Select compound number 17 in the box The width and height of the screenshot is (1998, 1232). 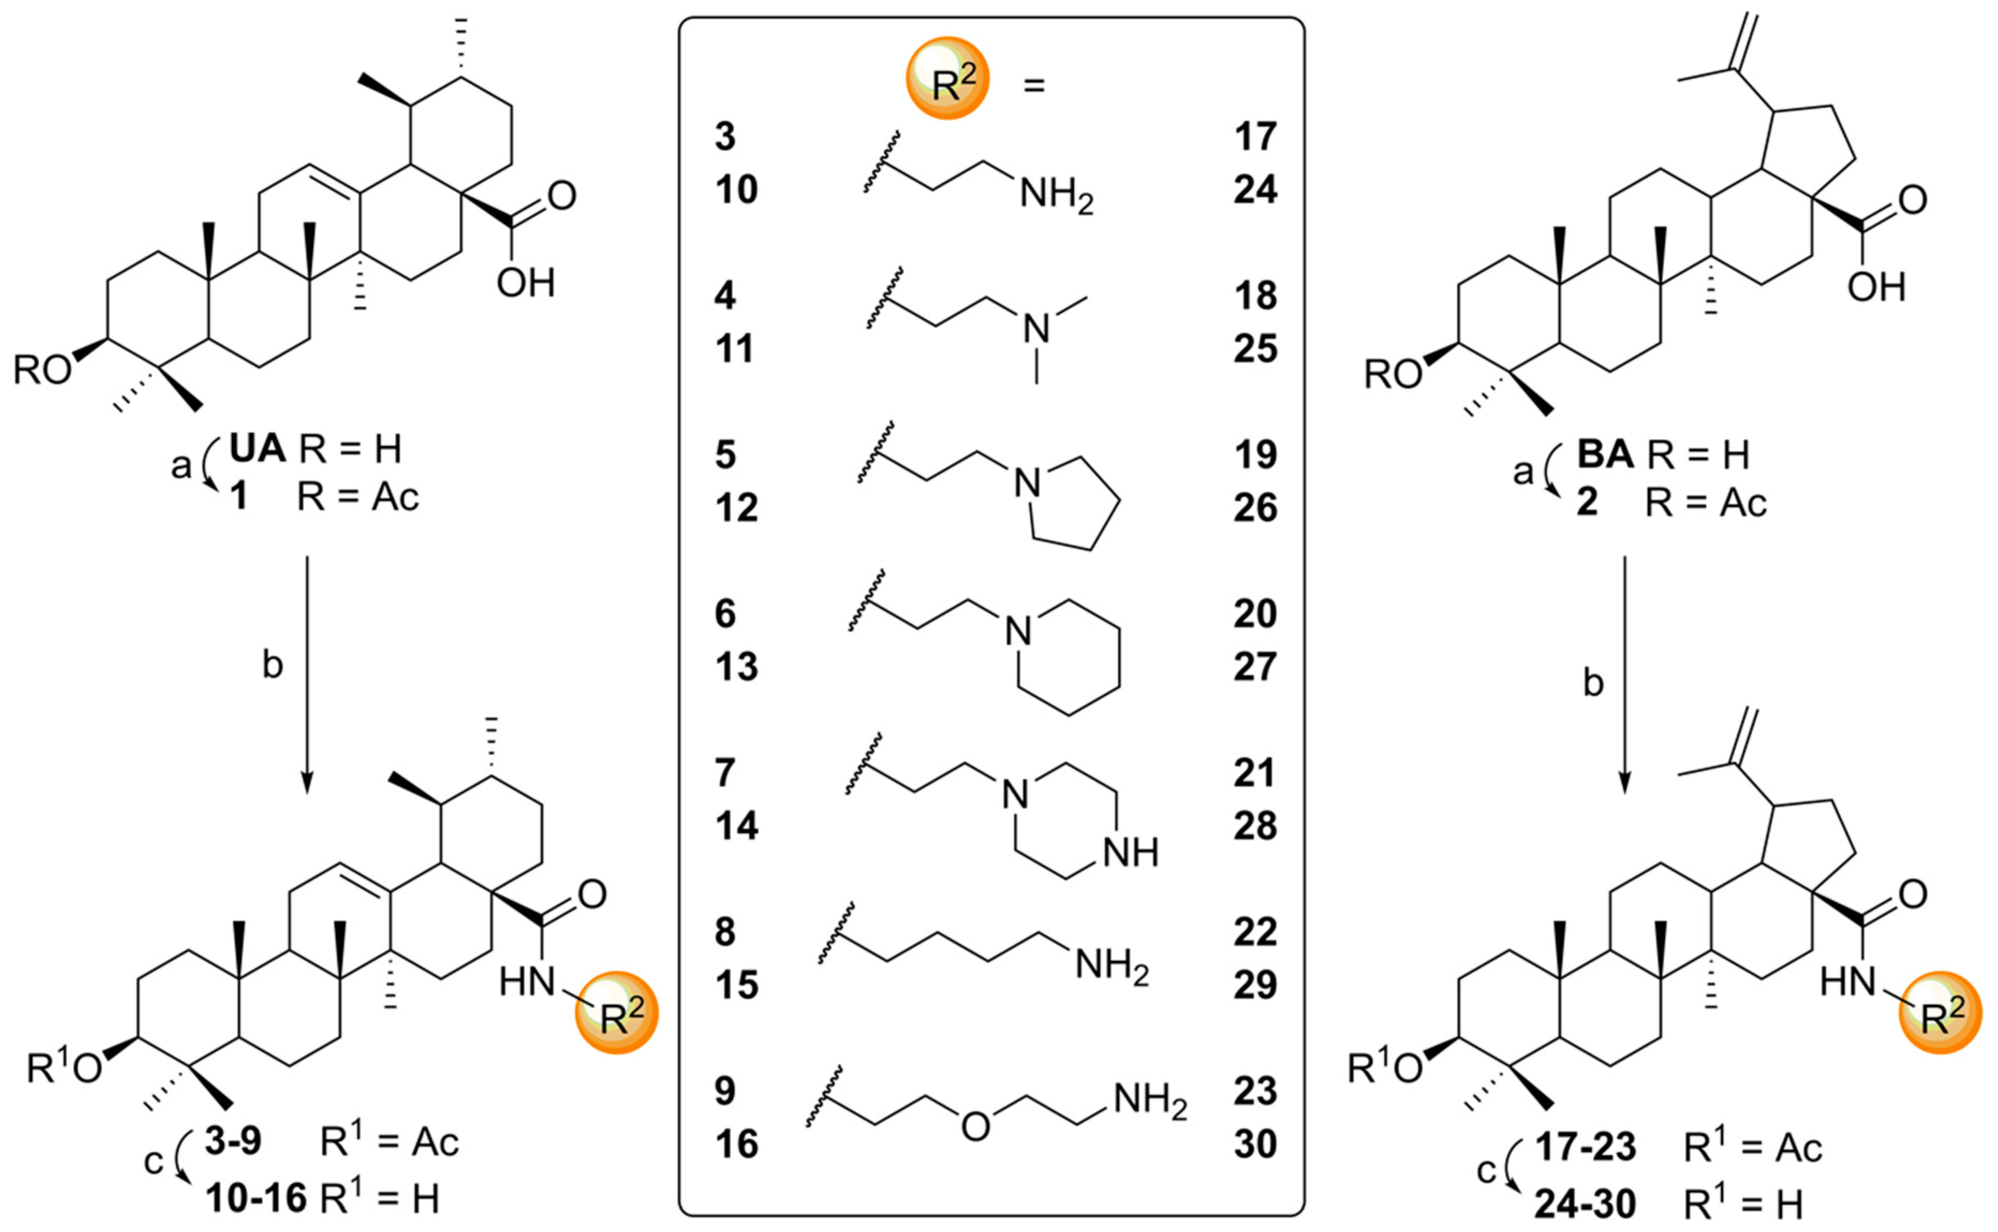click(1255, 137)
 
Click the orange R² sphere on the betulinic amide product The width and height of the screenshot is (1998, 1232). click(1941, 1013)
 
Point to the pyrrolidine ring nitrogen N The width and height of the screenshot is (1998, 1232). click(1028, 483)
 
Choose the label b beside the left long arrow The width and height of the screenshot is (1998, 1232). click(272, 666)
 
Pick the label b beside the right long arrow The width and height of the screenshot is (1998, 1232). click(1593, 683)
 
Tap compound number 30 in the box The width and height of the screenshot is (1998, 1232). click(1255, 1144)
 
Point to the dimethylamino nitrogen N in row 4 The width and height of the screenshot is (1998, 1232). click(1036, 328)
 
